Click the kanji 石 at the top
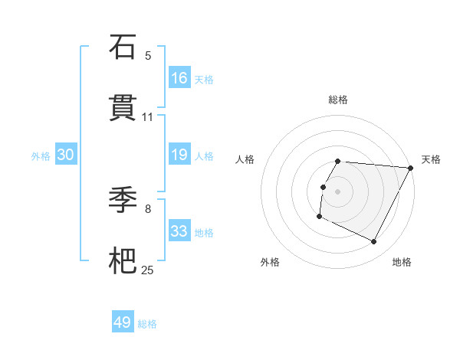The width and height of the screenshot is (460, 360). [x=123, y=47]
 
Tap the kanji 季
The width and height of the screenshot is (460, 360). [x=123, y=201]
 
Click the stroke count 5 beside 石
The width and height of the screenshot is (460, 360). [x=148, y=56]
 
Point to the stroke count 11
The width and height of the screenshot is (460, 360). [x=148, y=117]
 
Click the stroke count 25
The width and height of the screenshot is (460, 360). [x=148, y=270]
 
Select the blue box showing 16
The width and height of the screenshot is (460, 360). [x=179, y=78]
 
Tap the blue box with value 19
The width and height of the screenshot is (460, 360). [x=179, y=155]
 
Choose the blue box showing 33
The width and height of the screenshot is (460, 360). [x=179, y=231]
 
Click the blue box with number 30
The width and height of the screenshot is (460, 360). [x=66, y=155]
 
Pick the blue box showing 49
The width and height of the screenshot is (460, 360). [x=123, y=322]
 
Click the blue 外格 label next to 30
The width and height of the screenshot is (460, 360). [x=41, y=156]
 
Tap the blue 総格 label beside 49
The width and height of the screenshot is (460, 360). [x=147, y=324]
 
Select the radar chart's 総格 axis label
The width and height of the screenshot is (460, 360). [x=338, y=100]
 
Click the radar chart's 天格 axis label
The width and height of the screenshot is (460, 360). [x=431, y=159]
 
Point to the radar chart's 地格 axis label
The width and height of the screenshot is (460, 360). [x=402, y=262]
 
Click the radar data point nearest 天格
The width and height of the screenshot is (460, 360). [x=411, y=168]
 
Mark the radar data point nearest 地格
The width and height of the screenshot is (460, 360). [x=374, y=242]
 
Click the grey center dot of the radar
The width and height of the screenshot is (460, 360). [x=338, y=191]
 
